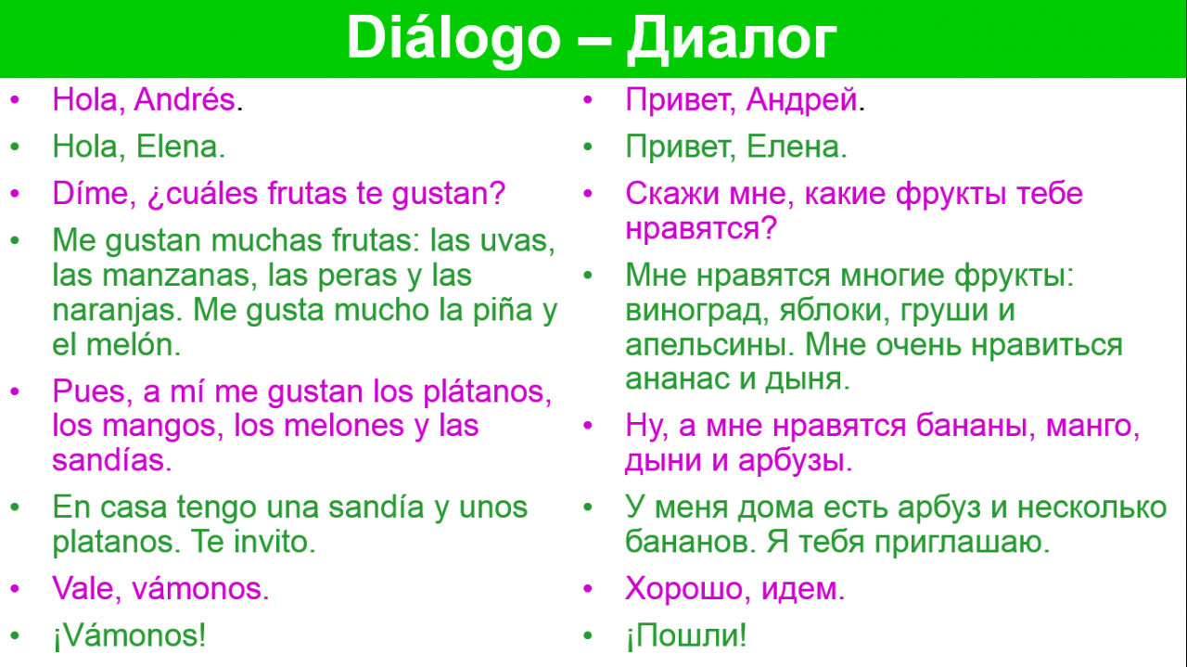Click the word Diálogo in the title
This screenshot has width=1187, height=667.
point(453,38)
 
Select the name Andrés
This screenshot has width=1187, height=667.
point(185,99)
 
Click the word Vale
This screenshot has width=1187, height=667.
point(83,588)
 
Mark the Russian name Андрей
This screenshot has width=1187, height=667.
point(802,100)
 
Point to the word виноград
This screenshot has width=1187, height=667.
point(693,311)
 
